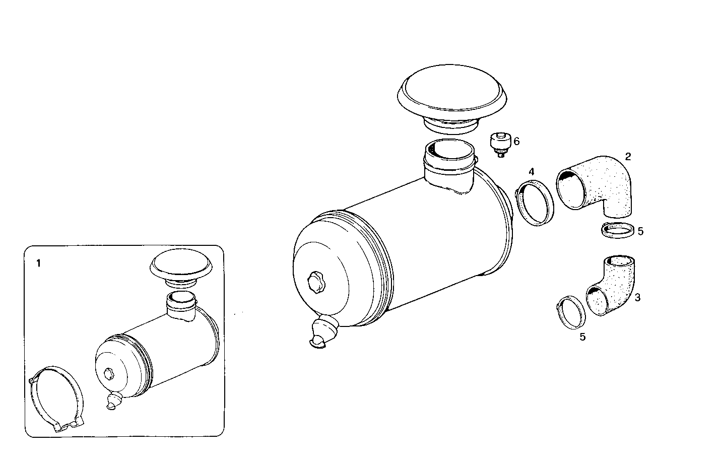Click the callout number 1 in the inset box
point(39,263)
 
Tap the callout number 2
point(628,156)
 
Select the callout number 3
point(637,298)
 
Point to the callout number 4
point(531,172)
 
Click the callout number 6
point(516,142)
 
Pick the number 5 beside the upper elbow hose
point(640,231)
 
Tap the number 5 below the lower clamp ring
point(582,337)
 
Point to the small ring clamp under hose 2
point(618,231)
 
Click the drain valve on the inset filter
point(113,401)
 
